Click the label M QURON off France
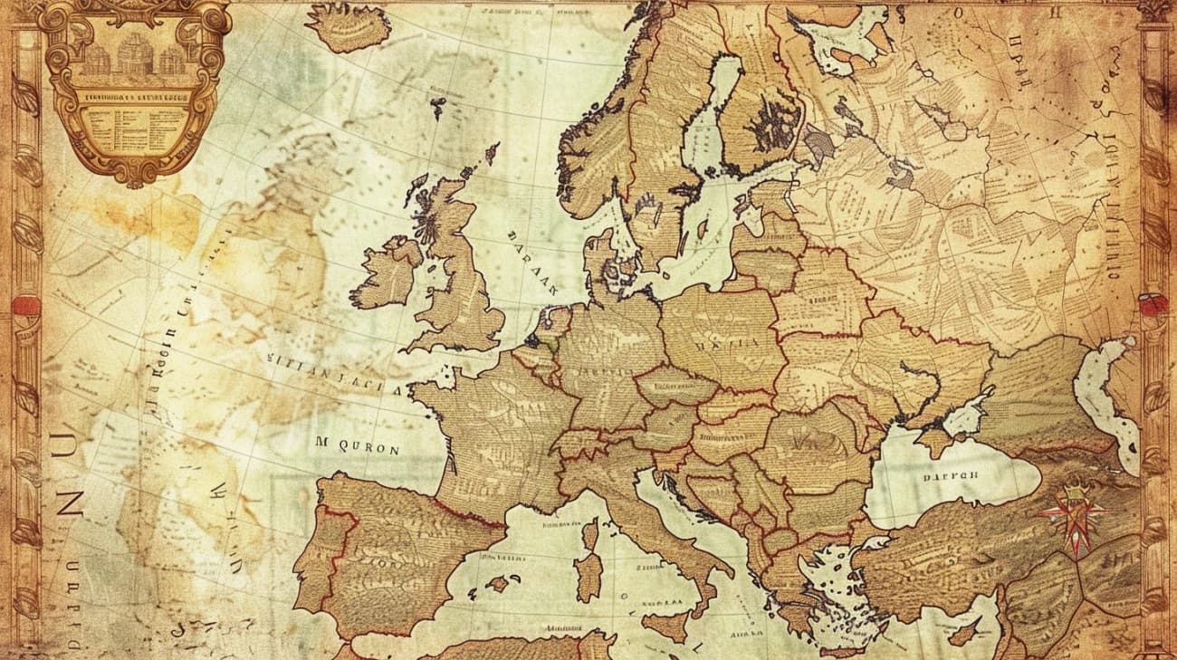coord(357,446)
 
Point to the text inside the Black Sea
coord(951,475)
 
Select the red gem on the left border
coord(25,305)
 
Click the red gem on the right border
coord(1151,305)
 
